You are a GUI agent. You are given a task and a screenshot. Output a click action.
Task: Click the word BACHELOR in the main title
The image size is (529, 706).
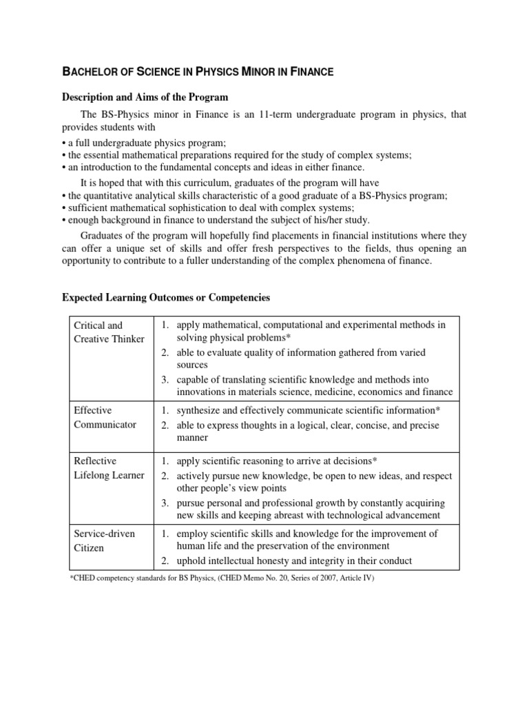pos(90,70)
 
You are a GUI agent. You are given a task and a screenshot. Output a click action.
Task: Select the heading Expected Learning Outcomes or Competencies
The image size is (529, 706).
pos(166,298)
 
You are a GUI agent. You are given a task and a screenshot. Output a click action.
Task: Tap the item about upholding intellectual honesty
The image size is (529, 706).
pos(294,561)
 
